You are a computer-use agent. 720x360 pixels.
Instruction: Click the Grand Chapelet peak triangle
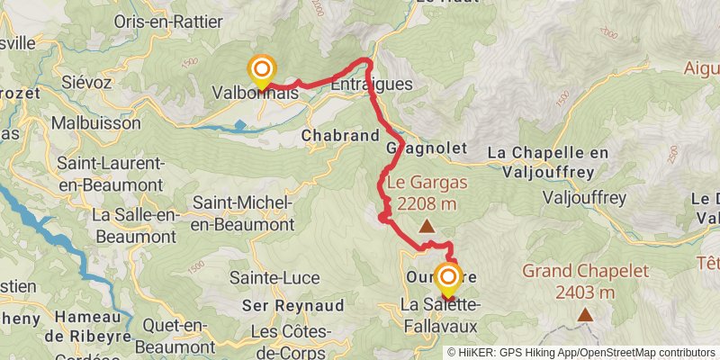coord(585,314)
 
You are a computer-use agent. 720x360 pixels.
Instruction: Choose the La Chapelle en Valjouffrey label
coord(557,153)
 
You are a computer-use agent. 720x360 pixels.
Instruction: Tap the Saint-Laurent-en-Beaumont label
coord(110,173)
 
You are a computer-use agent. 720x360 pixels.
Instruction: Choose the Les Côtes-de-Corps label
coord(289,340)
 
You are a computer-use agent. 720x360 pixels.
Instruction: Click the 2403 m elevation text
coord(584,292)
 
